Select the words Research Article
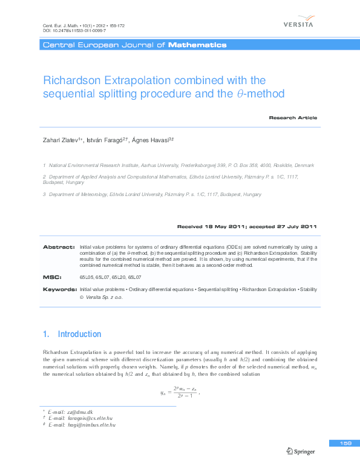pos(292,117)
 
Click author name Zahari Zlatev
pos(62,140)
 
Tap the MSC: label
pos(52,277)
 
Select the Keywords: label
pos(59,290)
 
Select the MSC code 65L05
pos(88,277)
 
